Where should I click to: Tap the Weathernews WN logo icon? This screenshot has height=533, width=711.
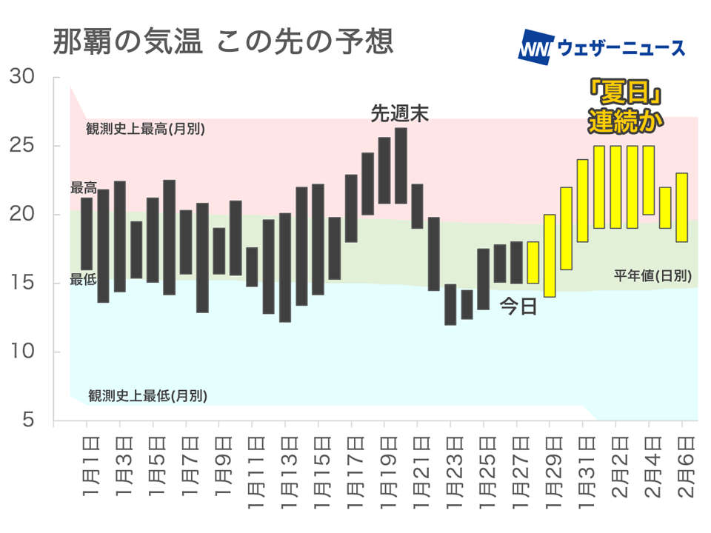pyautogui.click(x=535, y=47)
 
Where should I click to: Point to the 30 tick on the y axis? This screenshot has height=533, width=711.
pyautogui.click(x=23, y=77)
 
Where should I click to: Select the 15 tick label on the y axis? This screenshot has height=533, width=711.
pyautogui.click(x=23, y=283)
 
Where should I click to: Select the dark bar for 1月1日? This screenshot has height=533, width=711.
pyautogui.click(x=87, y=234)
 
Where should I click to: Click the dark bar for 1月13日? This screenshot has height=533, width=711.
pyautogui.click(x=285, y=267)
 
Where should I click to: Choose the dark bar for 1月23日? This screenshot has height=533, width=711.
pyautogui.click(x=450, y=304)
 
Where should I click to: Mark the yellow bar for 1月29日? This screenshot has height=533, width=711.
pyautogui.click(x=550, y=255)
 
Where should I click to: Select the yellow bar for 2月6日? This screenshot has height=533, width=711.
pyautogui.click(x=682, y=207)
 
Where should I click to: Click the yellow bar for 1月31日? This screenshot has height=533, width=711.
pyautogui.click(x=583, y=201)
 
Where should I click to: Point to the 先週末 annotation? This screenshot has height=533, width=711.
pyautogui.click(x=400, y=113)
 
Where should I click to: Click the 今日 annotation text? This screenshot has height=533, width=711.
pyautogui.click(x=518, y=306)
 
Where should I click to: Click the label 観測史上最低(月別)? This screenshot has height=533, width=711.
pyautogui.click(x=147, y=395)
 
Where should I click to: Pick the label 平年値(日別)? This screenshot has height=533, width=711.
pyautogui.click(x=652, y=275)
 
